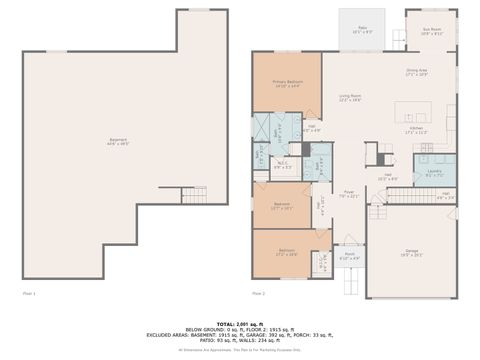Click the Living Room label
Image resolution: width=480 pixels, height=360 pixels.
point(349,98)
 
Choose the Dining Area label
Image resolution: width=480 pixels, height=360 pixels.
point(416,73)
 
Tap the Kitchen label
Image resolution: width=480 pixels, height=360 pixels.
point(416,130)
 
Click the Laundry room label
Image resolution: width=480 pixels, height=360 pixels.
point(434,174)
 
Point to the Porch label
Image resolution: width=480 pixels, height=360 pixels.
point(350,256)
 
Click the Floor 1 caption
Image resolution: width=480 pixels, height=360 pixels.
point(29,294)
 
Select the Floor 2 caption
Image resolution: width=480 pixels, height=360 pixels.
point(258,294)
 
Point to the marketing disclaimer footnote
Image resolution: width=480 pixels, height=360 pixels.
point(240,351)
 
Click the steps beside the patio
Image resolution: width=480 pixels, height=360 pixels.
point(397,39)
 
